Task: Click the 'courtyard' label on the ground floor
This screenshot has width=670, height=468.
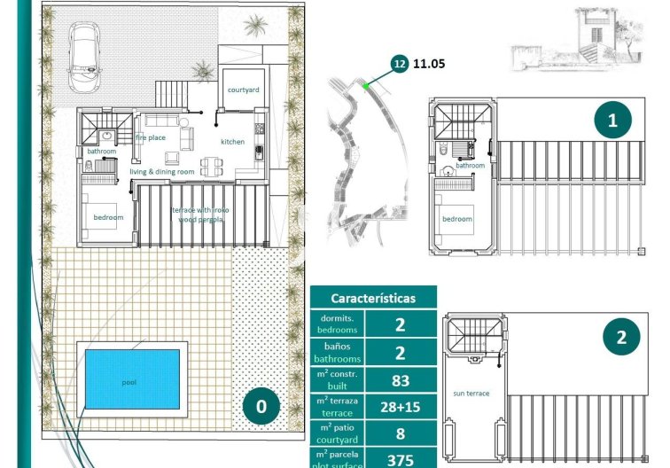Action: click(243, 90)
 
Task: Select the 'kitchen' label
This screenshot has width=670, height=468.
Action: click(232, 142)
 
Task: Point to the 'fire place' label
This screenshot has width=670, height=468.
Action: click(151, 137)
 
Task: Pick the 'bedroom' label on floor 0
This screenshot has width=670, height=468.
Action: click(108, 217)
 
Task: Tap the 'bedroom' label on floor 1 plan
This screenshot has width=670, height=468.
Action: click(458, 219)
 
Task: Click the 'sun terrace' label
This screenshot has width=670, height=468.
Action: click(471, 393)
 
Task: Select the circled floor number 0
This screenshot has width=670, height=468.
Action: click(261, 407)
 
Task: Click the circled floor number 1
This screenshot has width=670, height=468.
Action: click(612, 119)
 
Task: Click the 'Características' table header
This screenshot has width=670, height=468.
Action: click(372, 299)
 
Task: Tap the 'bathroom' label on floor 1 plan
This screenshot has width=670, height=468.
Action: click(470, 166)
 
